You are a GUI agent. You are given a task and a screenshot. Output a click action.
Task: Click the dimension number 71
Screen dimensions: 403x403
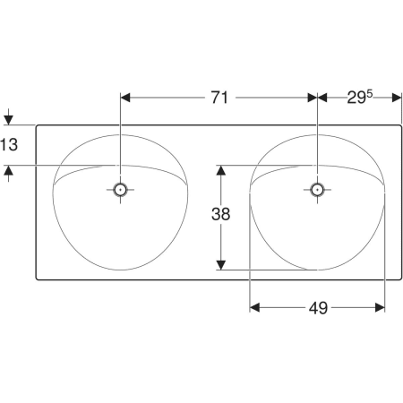219,98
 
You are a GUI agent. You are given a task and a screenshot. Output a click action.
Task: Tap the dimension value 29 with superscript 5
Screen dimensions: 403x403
360,97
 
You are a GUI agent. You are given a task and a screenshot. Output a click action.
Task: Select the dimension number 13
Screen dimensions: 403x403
9,145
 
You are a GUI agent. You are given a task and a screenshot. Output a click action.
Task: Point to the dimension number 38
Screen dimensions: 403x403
220,214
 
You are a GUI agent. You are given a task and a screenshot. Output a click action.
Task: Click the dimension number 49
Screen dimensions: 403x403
318,308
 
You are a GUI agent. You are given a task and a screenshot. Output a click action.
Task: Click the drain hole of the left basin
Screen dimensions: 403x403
120,189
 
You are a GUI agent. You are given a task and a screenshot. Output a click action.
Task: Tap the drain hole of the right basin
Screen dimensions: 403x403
317,189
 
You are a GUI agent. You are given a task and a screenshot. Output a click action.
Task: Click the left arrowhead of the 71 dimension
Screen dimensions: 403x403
125,98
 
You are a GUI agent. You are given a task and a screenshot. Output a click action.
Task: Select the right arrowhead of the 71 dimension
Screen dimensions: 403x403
313,98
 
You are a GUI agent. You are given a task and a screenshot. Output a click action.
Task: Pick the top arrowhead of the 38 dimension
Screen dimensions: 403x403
220,170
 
